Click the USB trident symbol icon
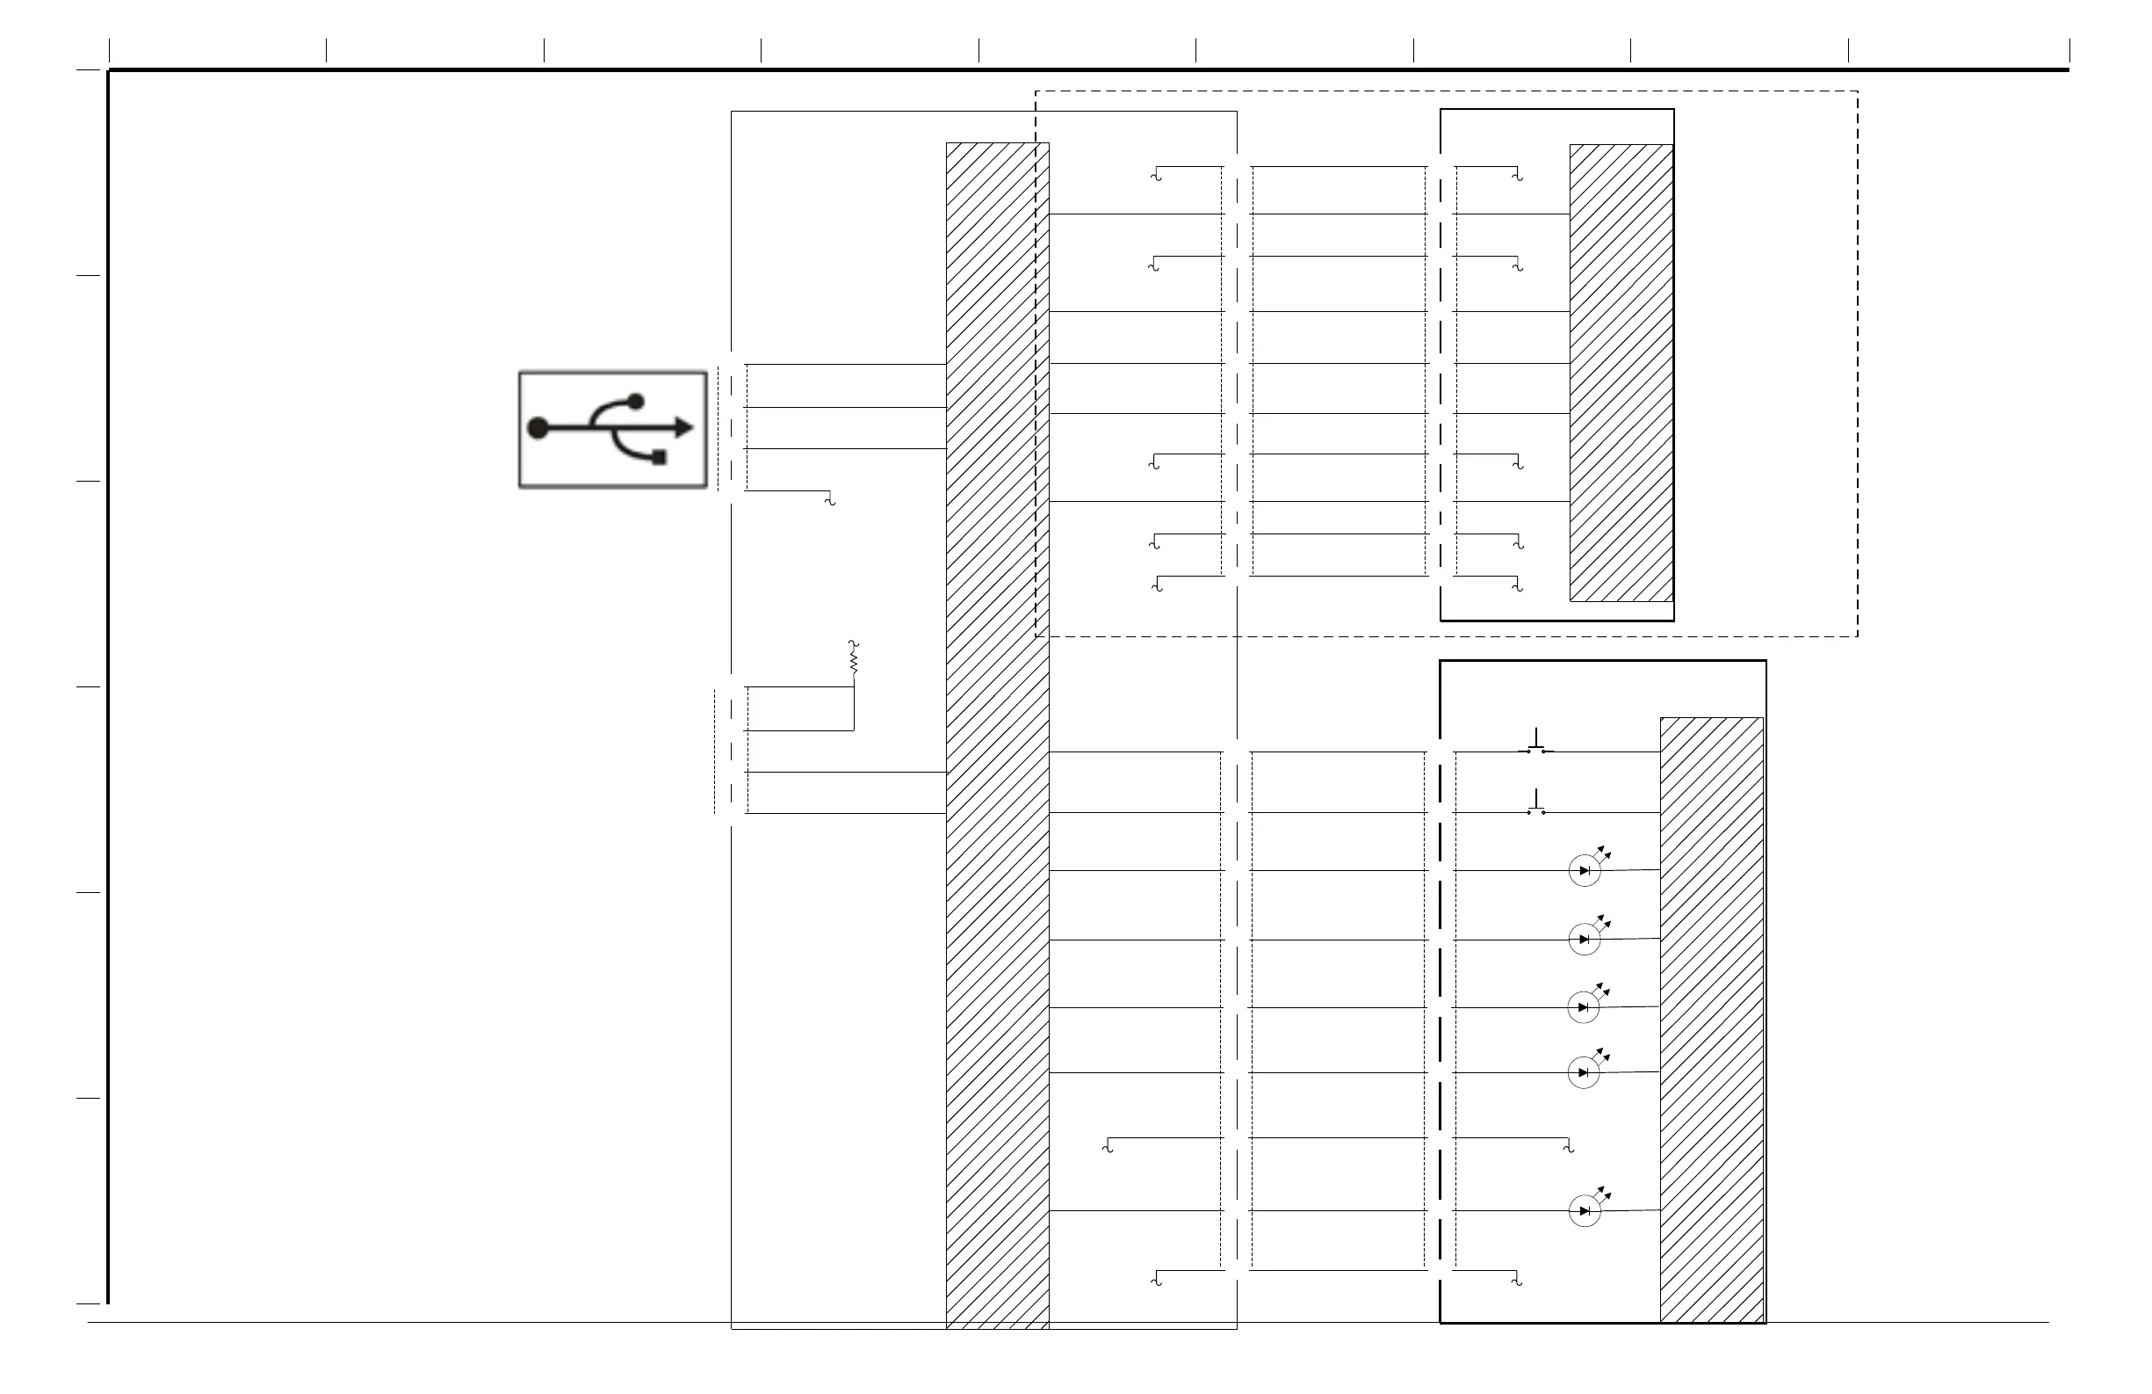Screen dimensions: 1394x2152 (x=612, y=429)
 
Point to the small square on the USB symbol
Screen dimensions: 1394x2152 (x=659, y=457)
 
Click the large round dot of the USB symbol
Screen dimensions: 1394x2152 (x=538, y=428)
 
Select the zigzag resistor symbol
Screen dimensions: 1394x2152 (x=853, y=657)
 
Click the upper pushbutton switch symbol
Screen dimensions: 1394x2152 (x=1536, y=743)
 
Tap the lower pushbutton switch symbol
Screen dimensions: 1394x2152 (x=1536, y=804)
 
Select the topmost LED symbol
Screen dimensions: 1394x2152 (x=1585, y=870)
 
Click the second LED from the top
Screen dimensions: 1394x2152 (x=1585, y=939)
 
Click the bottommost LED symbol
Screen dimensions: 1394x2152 (x=1585, y=1210)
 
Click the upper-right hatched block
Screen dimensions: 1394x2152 (x=1621, y=373)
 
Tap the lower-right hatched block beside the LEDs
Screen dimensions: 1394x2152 (x=1712, y=1020)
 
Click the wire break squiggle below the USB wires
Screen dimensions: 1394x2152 (x=830, y=499)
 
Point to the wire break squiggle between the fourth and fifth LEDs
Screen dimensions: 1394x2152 (x=1569, y=1147)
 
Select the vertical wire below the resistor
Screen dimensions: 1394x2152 (x=854, y=708)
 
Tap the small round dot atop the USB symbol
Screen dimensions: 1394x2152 (x=636, y=401)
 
